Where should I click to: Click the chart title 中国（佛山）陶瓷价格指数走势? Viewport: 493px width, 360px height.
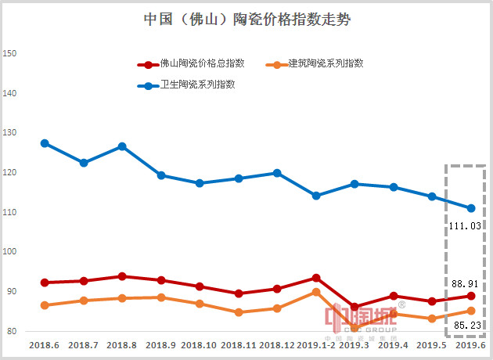click(x=247, y=20)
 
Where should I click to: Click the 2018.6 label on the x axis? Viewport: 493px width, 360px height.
click(x=45, y=344)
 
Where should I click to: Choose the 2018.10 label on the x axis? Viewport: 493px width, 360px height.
click(x=200, y=344)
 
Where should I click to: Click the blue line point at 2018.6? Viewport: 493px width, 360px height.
click(x=45, y=143)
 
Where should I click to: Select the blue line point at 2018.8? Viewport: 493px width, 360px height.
click(x=122, y=146)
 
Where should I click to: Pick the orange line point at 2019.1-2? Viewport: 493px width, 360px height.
click(x=315, y=292)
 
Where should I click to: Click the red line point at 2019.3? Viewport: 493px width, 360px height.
click(x=354, y=307)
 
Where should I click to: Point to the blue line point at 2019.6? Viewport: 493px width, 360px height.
click(x=471, y=208)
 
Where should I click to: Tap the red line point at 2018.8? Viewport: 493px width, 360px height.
click(x=122, y=276)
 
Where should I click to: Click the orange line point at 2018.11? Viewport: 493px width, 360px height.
click(x=238, y=312)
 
